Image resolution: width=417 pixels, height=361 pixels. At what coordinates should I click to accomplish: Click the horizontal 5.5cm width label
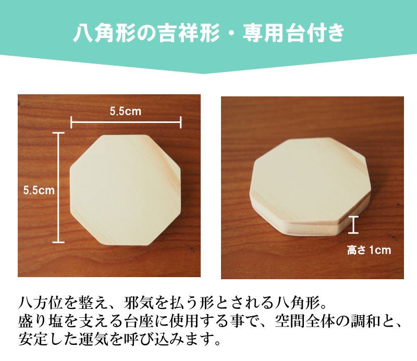pyautogui.click(x=125, y=111)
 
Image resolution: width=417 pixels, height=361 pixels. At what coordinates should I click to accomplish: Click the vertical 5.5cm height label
pyautogui.click(x=39, y=190)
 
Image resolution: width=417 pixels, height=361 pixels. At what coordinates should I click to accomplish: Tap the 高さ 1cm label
pyautogui.click(x=369, y=250)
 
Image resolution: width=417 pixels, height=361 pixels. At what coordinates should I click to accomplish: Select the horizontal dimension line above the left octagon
pyautogui.click(x=126, y=122)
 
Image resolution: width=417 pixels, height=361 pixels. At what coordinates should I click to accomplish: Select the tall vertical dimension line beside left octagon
pyautogui.click(x=58, y=188)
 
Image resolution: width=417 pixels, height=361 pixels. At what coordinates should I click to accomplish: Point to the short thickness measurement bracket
pyautogui.click(x=353, y=225)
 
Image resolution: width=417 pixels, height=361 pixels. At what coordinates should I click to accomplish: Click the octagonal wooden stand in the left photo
pyautogui.click(x=125, y=190)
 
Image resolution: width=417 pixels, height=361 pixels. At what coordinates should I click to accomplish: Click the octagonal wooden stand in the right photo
pyautogui.click(x=310, y=186)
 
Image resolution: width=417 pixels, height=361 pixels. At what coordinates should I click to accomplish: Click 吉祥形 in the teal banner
pyautogui.click(x=189, y=33)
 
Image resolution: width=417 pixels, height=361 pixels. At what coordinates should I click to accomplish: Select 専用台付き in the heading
pyautogui.click(x=293, y=33)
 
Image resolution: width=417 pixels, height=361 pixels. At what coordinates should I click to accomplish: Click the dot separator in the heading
pyautogui.click(x=231, y=33)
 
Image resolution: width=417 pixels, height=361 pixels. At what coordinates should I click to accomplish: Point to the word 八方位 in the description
pyautogui.click(x=41, y=303)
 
